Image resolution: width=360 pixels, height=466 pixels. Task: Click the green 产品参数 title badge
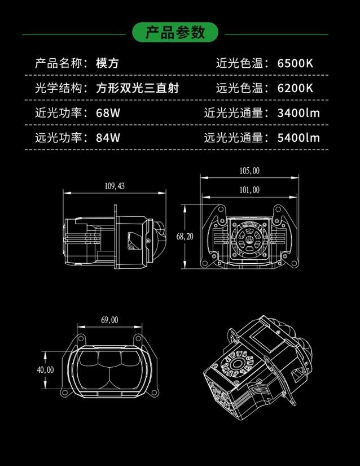click(175, 32)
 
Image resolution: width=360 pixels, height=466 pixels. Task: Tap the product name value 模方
click(107, 63)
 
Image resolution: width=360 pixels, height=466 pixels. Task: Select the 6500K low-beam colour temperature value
click(295, 63)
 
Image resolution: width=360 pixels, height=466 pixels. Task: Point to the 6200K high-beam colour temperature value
click(295, 88)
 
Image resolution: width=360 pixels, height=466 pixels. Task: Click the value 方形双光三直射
click(141, 88)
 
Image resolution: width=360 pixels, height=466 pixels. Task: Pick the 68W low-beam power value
click(108, 112)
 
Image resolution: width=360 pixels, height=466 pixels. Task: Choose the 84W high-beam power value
click(108, 137)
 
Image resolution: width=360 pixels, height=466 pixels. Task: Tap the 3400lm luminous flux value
click(298, 112)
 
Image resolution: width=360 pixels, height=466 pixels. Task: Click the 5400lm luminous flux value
click(298, 137)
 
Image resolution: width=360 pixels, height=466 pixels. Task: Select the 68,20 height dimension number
click(185, 237)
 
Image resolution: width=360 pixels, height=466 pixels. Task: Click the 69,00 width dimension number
click(109, 320)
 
